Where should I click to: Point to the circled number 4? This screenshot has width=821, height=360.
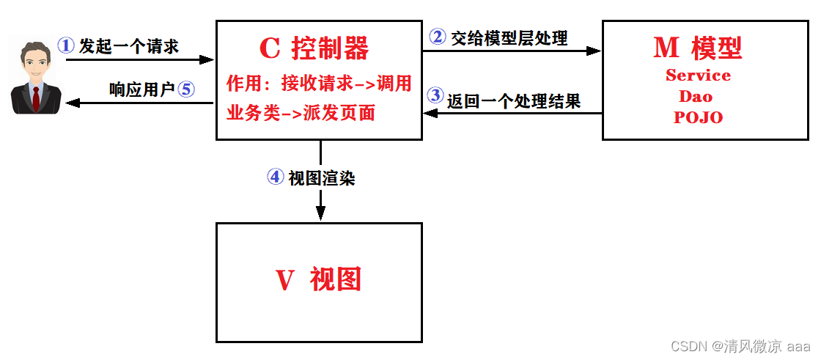tap(276, 177)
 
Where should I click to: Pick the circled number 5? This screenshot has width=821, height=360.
tap(185, 89)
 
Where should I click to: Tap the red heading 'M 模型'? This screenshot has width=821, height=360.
tap(697, 48)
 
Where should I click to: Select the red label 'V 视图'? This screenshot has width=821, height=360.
tap(319, 279)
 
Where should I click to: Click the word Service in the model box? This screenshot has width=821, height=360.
tap(698, 76)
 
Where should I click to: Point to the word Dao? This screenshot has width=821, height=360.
tap(696, 96)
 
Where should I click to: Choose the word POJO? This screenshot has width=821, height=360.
tap(698, 117)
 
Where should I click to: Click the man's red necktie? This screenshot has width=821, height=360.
tap(35, 98)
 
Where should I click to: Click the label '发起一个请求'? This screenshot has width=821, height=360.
tap(129, 46)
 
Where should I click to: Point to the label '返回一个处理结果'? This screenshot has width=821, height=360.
tap(514, 100)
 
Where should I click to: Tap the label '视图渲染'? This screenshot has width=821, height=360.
tap(322, 178)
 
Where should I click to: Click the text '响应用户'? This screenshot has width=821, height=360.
tap(141, 90)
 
